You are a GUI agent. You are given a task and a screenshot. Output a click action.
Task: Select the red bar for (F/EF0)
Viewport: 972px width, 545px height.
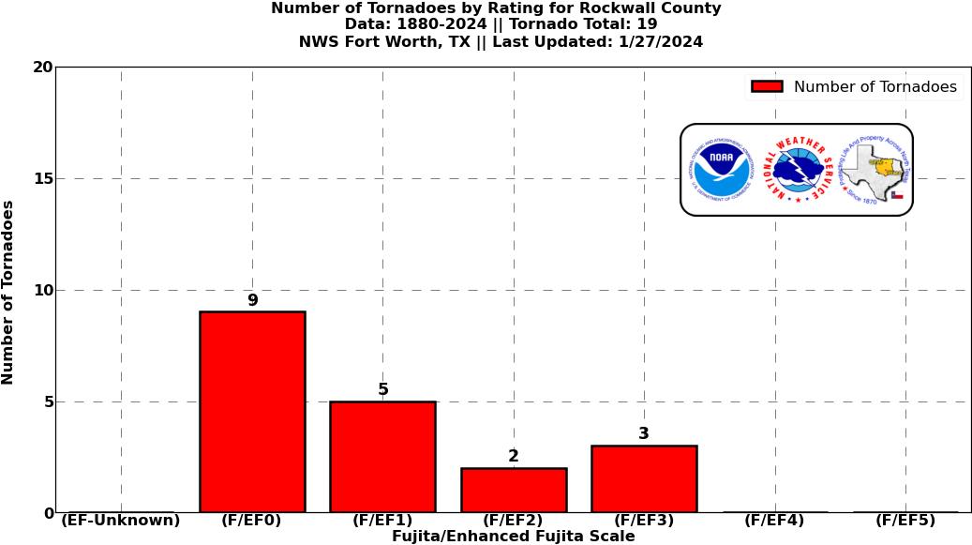[x=252, y=412]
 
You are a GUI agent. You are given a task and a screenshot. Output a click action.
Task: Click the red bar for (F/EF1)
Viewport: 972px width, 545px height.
[x=382, y=457]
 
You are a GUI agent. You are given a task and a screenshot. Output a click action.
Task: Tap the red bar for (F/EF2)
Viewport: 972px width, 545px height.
[x=514, y=490]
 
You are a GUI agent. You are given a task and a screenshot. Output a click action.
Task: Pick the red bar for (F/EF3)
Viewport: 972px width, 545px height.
[x=644, y=478]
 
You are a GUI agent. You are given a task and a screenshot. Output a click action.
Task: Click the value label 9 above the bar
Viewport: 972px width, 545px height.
[x=252, y=301]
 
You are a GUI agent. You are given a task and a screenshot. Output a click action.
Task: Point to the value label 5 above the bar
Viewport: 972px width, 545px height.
[x=382, y=390]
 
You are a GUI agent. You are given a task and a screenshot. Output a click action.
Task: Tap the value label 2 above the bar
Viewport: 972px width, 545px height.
[x=514, y=457]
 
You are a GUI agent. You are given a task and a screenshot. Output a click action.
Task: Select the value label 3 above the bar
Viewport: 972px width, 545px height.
[x=644, y=434]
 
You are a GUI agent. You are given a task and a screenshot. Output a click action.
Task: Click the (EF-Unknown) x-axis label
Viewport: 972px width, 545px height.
[x=121, y=521]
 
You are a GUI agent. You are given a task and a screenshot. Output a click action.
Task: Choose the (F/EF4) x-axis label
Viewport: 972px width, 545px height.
[x=774, y=521]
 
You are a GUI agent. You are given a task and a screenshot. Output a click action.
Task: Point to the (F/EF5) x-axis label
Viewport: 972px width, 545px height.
[x=905, y=521]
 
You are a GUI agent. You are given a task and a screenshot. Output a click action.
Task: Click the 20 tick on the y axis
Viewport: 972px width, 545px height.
[x=42, y=68]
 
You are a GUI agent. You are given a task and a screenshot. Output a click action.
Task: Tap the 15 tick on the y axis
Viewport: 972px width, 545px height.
[x=42, y=179]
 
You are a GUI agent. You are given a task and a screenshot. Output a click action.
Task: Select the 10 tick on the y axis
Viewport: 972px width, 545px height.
[x=42, y=291]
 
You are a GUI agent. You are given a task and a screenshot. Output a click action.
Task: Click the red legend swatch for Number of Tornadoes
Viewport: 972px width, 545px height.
[x=767, y=87]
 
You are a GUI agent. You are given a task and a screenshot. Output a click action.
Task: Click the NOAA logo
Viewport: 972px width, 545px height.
[x=722, y=170]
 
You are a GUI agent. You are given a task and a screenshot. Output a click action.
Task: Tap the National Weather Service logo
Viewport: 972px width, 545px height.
[x=798, y=170]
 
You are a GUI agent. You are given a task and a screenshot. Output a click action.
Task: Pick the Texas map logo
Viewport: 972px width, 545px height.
[x=874, y=170]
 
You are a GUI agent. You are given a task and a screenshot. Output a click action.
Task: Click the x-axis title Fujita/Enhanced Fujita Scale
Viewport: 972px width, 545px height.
[x=513, y=537]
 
